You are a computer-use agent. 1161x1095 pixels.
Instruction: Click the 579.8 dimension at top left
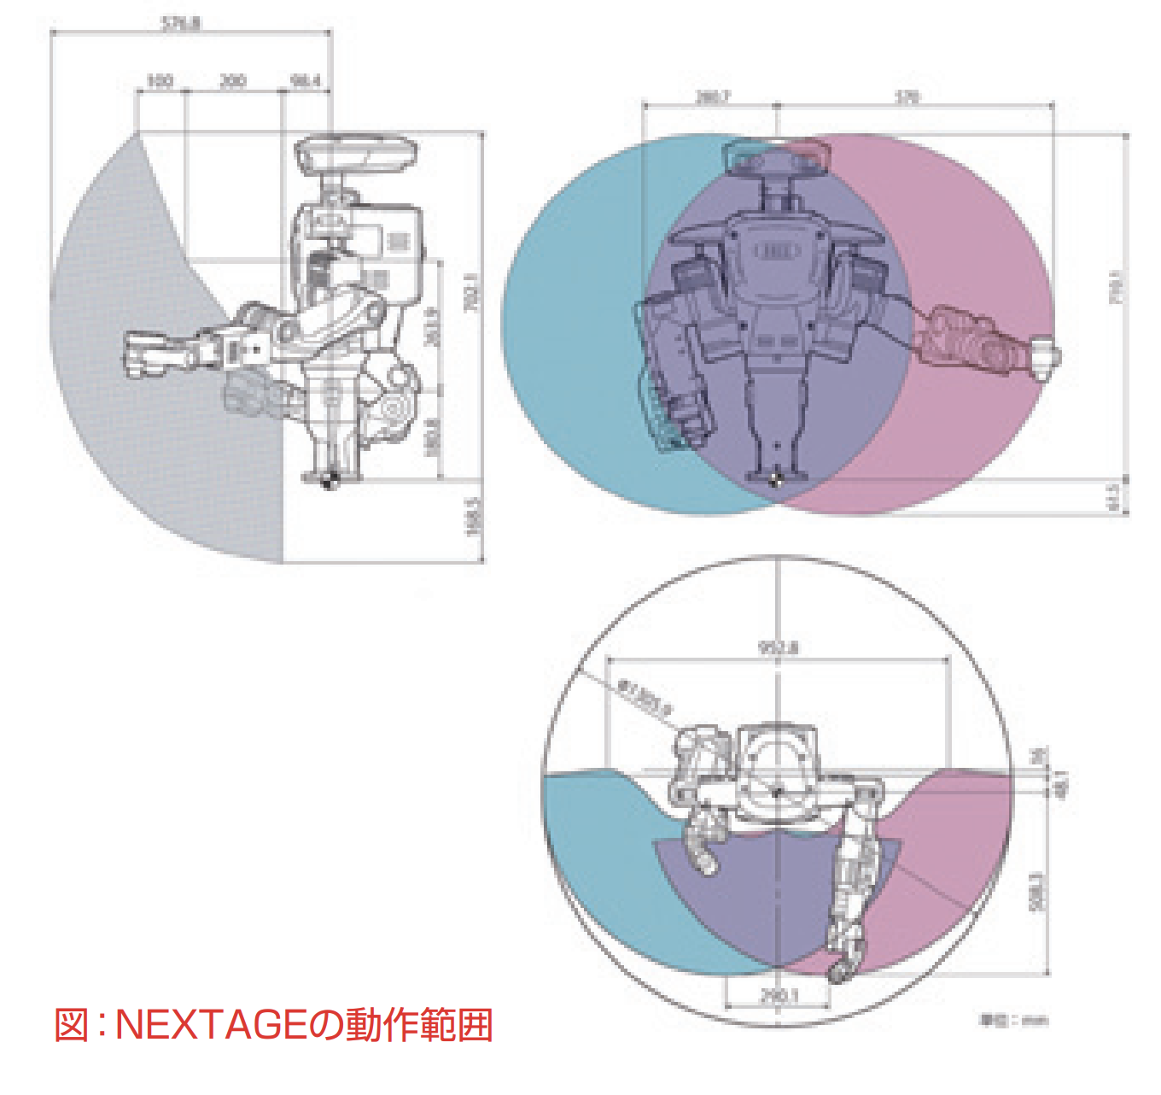point(180,24)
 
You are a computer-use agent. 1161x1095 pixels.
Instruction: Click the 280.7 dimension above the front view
point(712,97)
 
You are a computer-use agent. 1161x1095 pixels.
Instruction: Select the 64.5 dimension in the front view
point(1114,496)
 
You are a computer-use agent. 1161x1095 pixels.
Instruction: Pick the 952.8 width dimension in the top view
point(778,648)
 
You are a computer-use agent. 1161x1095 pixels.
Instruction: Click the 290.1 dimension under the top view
point(778,996)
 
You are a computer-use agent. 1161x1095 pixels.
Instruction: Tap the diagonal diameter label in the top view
point(645,695)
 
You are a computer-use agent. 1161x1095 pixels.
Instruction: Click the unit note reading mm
point(1013,1020)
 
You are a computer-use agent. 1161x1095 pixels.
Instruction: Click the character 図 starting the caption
point(72,1025)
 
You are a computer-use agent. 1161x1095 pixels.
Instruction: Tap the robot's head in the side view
point(357,155)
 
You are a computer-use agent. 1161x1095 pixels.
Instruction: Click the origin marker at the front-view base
point(775,481)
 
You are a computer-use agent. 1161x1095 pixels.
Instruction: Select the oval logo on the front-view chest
point(776,251)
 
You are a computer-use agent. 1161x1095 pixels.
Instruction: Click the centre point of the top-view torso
point(778,793)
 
